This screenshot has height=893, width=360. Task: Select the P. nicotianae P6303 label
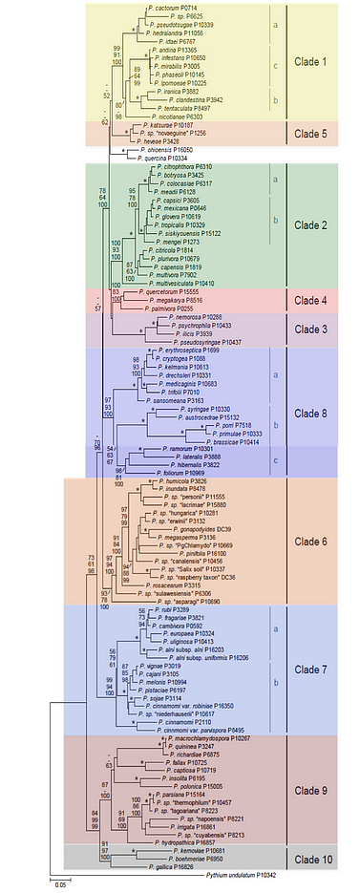pyautogui.click(x=175, y=116)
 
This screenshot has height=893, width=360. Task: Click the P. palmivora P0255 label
pyautogui.click(x=171, y=308)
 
